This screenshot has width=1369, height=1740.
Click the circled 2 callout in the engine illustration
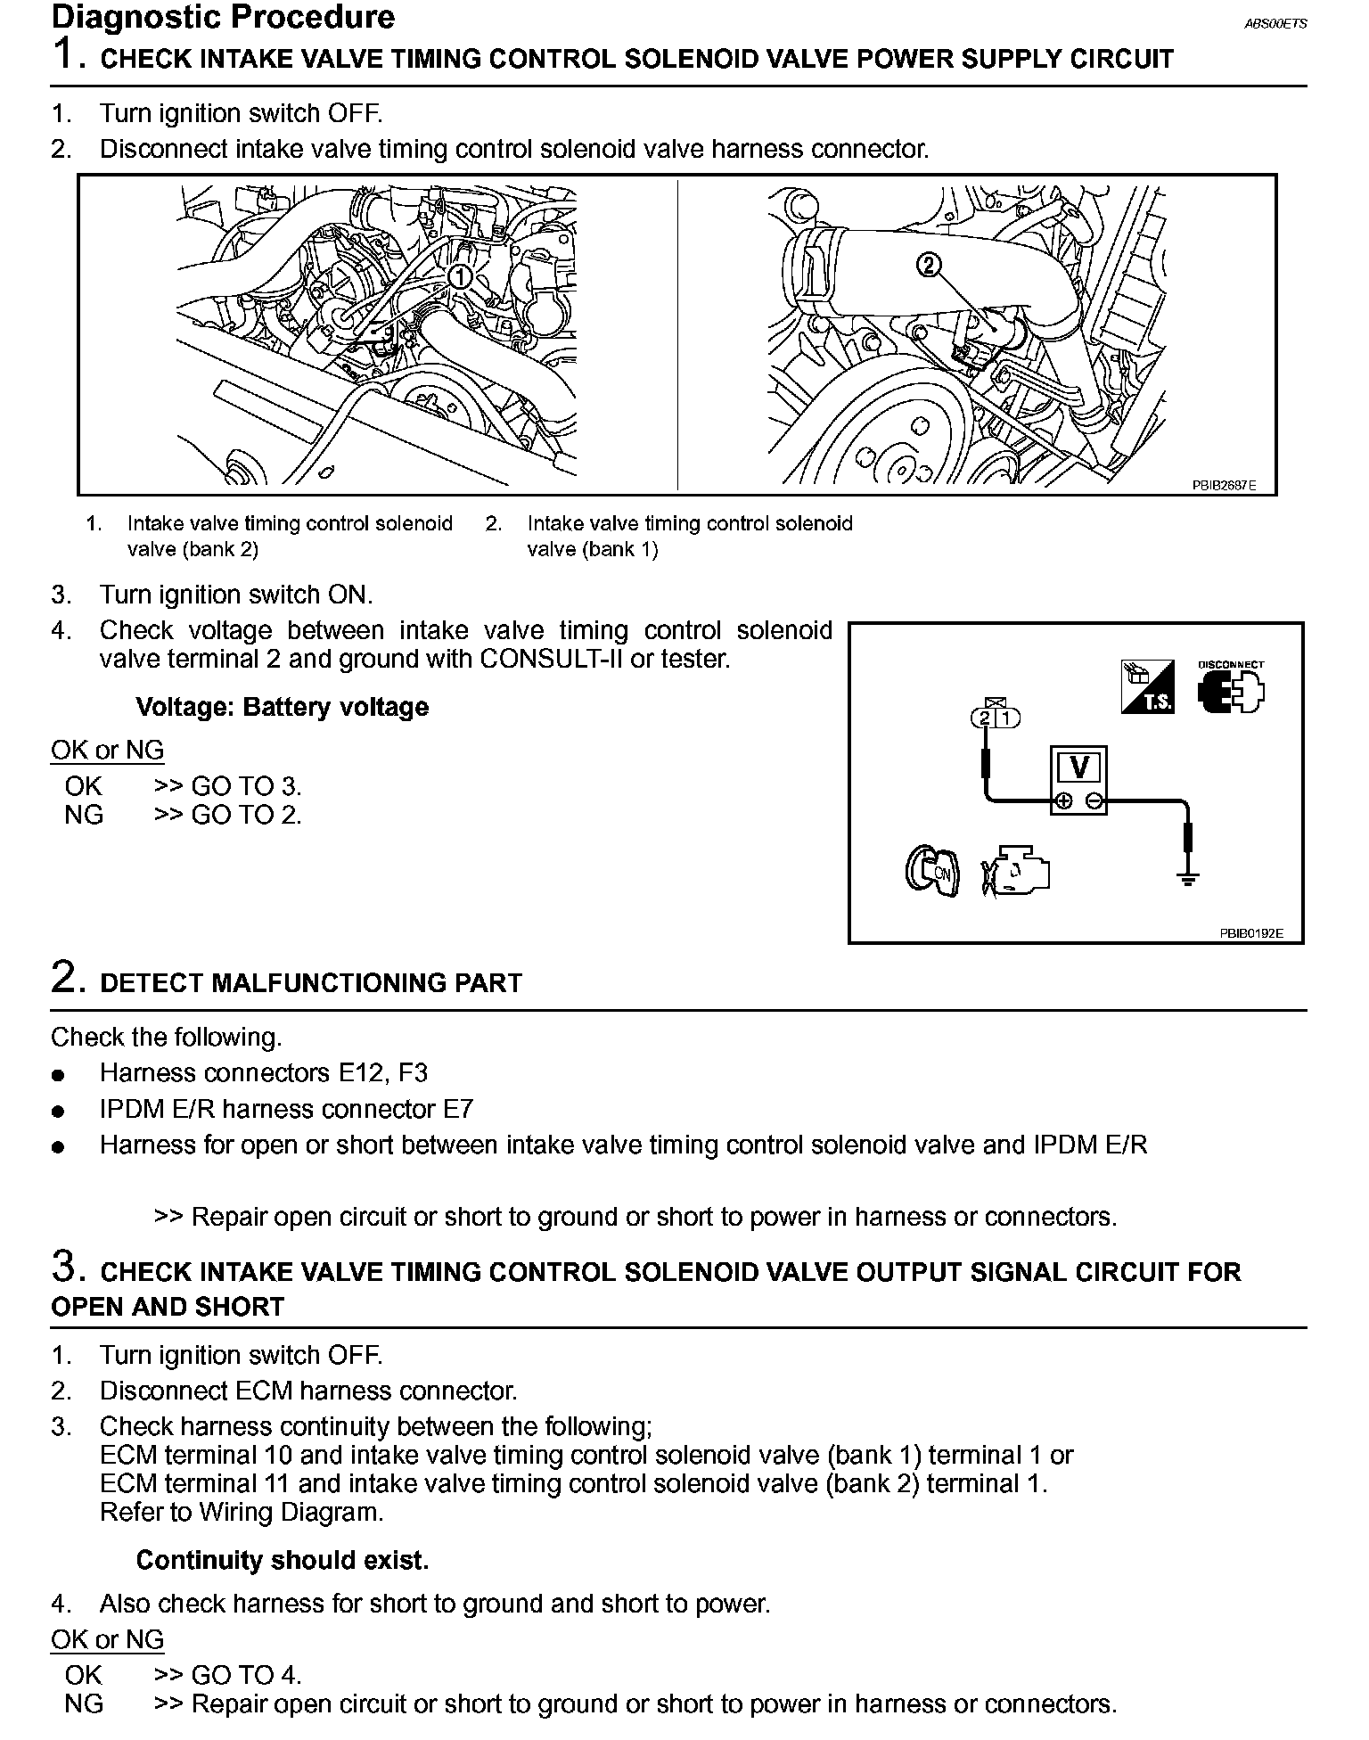tap(929, 265)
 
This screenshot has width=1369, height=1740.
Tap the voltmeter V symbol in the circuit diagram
tap(1078, 768)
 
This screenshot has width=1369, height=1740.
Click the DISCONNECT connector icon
tap(1232, 689)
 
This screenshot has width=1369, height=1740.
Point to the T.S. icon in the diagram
tap(1147, 687)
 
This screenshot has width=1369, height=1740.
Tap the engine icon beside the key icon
tap(1016, 870)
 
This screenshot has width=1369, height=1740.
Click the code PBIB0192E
tap(1250, 933)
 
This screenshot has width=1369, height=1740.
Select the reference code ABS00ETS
tap(1275, 24)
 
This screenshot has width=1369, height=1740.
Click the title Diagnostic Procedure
tap(223, 18)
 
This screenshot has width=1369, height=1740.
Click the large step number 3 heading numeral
tap(68, 1266)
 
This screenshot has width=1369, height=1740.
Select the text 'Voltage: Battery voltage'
tap(282, 707)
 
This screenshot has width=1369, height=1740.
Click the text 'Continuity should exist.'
tap(282, 1560)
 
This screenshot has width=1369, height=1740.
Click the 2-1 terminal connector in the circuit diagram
tap(995, 718)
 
